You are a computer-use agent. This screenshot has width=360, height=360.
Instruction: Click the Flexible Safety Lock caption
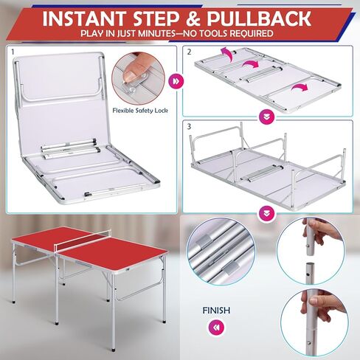point(137,110)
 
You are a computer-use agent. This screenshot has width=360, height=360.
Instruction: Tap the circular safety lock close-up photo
point(137,75)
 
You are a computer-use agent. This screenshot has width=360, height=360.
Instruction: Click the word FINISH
point(215,311)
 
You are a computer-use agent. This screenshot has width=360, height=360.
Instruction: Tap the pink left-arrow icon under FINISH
point(215,327)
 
